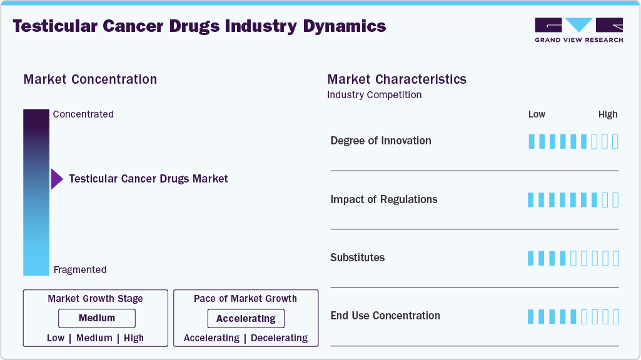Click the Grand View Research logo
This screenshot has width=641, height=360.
click(x=578, y=29)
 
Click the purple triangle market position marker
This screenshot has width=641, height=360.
click(x=56, y=179)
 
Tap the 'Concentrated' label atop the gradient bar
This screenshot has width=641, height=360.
click(x=83, y=114)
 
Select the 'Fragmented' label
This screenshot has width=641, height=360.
click(x=80, y=270)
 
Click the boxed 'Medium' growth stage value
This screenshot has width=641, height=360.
click(x=96, y=318)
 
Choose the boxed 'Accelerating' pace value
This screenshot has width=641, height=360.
click(x=246, y=319)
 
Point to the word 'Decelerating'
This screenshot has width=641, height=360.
click(x=279, y=338)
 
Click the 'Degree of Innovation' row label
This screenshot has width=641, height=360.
click(x=380, y=141)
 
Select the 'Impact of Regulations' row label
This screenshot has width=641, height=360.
click(x=383, y=199)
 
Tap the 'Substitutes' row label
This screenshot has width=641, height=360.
click(x=357, y=257)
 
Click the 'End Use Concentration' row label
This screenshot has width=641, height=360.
click(x=385, y=316)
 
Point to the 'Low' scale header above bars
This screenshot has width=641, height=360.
click(x=537, y=114)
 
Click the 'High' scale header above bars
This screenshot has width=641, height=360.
click(x=607, y=114)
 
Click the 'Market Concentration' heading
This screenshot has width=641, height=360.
click(x=90, y=79)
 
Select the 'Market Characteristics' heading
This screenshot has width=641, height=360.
click(x=396, y=79)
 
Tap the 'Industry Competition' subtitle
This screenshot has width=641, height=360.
click(x=374, y=95)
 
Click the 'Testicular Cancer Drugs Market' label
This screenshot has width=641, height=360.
click(x=148, y=179)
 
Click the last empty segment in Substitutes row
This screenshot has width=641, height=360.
click(x=615, y=258)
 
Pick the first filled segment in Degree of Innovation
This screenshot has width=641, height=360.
click(x=532, y=141)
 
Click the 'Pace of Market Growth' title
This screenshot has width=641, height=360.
click(x=245, y=299)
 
